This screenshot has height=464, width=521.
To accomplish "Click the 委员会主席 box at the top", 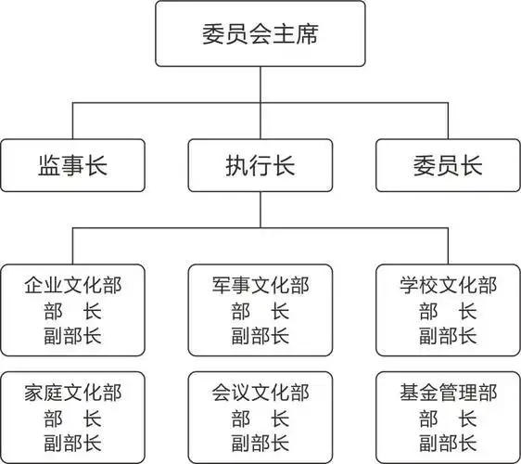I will coord(260,33).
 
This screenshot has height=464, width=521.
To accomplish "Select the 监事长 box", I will coord(73,165).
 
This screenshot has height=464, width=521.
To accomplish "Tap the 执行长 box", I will coord(260,165).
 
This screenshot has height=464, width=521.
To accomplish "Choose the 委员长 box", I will coord(448,165).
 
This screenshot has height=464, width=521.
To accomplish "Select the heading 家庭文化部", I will coord(72,392).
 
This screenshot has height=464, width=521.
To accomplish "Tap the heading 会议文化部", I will coord(260,392).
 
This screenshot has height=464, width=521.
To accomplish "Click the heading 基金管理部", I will coord(448,392).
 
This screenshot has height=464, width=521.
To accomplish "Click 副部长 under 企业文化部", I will coord(72,335).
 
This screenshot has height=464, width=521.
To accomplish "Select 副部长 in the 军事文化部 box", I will coord(260,335).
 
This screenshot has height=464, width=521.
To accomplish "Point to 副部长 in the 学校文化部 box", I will coord(448,335).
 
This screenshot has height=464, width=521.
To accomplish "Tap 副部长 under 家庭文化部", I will coord(72,442).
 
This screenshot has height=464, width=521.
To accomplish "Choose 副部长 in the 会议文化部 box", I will coord(260,442).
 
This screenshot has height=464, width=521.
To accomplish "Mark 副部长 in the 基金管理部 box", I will coord(448,442).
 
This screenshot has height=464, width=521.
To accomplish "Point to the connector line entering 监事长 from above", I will coord(72,121).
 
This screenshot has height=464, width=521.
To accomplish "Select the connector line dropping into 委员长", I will coord(448,121).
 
